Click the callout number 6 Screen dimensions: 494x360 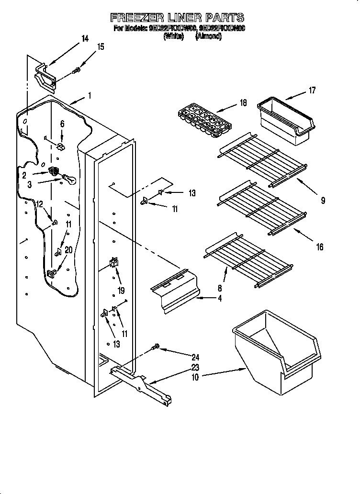[x=62, y=123]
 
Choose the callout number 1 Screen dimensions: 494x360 [x=89, y=95]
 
